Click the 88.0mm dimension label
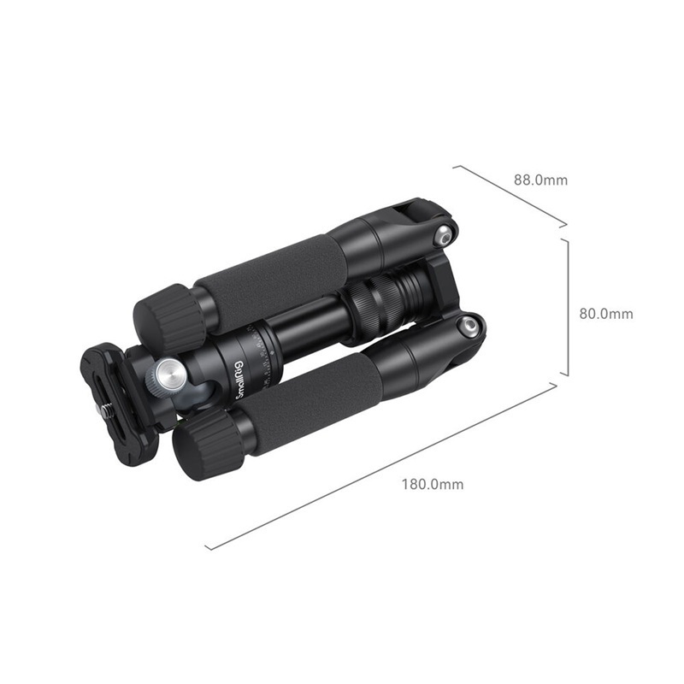pyautogui.click(x=540, y=180)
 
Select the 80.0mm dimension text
pyautogui.click(x=606, y=314)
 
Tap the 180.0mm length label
pyautogui.click(x=433, y=484)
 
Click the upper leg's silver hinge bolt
pyautogui.click(x=444, y=234)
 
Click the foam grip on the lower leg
pyautogui.click(x=308, y=402)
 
